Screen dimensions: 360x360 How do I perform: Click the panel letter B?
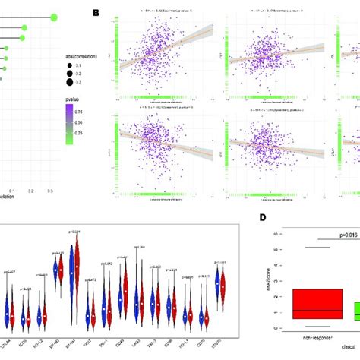96,13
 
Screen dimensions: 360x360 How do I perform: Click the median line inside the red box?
312,311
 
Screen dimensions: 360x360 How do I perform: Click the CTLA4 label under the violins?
7,324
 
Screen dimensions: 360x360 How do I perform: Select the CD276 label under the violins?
221,324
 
